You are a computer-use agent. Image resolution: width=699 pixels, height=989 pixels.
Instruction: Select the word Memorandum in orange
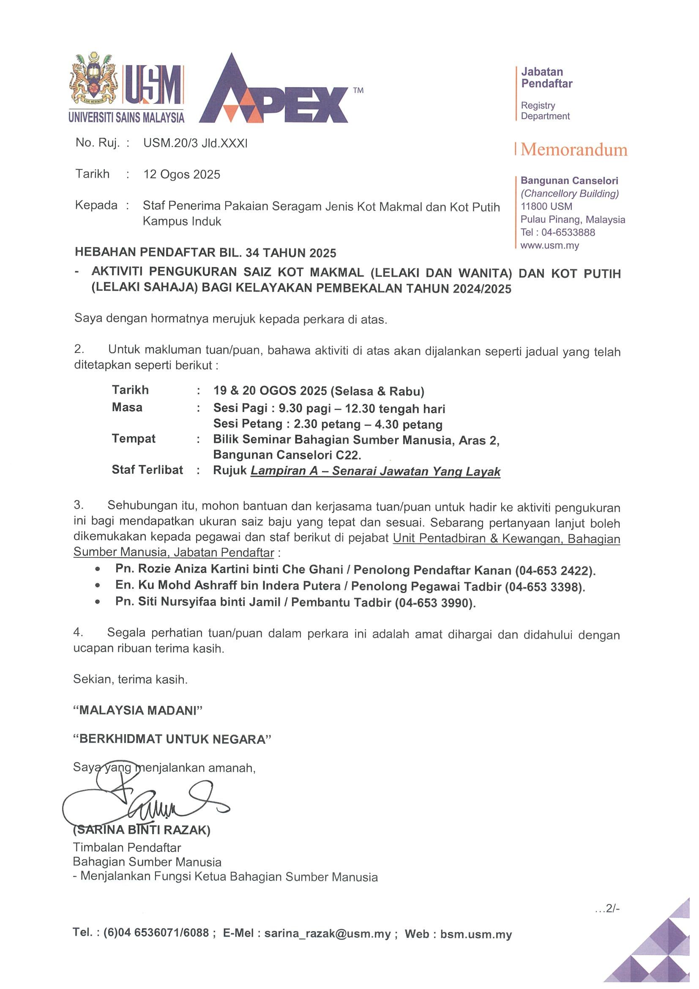[573, 150]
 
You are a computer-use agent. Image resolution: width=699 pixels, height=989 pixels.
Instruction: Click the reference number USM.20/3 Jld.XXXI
[195, 143]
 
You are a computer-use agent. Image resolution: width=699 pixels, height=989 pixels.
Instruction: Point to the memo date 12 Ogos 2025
[181, 175]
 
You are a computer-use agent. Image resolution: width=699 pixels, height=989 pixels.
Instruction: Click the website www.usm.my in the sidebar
[549, 246]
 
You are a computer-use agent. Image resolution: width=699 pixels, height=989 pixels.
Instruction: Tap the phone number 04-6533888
[568, 232]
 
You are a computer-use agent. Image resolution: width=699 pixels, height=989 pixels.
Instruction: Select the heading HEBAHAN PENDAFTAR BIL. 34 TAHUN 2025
[205, 252]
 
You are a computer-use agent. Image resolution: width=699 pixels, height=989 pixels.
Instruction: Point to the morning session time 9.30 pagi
[305, 408]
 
